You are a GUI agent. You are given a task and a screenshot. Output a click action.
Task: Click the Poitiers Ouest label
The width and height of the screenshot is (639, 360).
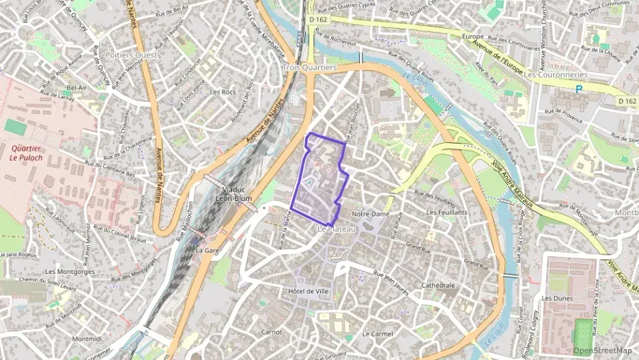[x=132, y=55]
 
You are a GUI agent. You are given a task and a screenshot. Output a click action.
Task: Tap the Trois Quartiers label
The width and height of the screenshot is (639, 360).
[x=310, y=68]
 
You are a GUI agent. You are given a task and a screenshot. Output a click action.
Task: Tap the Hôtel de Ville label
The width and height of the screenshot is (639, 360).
[x=309, y=291]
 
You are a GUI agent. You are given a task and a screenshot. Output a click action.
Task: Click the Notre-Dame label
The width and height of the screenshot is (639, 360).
[x=370, y=214]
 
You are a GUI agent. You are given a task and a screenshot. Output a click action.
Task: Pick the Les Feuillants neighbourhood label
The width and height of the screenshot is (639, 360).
[x=446, y=212]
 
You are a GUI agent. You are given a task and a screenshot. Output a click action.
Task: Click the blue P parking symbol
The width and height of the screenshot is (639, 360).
[x=579, y=89]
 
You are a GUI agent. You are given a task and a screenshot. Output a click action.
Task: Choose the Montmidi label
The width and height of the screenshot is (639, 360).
[x=86, y=339]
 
